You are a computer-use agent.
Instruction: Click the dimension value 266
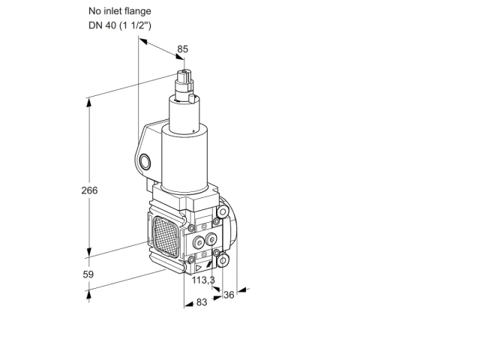[89, 190]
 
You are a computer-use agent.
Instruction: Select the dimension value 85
[183, 49]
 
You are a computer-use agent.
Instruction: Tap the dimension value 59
[88, 274]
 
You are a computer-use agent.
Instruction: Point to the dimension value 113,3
[203, 280]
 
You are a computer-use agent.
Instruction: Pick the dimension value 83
[202, 302]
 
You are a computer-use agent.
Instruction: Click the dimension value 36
[229, 295]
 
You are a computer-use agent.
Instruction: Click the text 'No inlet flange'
[120, 11]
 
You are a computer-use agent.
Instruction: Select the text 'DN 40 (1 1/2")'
[120, 25]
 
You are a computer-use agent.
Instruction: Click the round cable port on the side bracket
[145, 162]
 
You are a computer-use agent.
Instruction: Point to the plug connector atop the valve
[184, 82]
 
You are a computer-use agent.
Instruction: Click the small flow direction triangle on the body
[198, 268]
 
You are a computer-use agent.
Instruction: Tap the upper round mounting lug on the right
[223, 211]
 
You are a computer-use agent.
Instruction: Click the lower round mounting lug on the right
[223, 260]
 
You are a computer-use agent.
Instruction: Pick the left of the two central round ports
[199, 243]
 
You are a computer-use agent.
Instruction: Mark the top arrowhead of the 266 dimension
[89, 103]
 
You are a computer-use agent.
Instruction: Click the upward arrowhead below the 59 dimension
[88, 295]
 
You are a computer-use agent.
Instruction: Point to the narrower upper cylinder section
[184, 115]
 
